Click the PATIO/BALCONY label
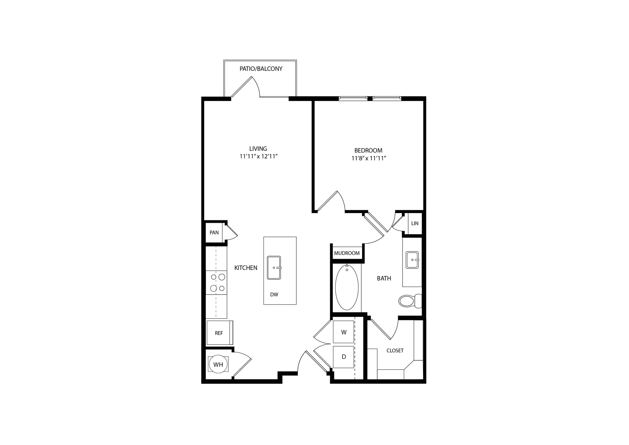pos(261,69)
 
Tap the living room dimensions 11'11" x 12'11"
pos(259,156)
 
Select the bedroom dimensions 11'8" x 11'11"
pos(369,158)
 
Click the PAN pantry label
pos(214,233)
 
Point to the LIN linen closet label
pos(415,223)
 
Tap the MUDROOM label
pos(347,253)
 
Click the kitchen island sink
pos(274,268)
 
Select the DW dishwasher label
pos(274,295)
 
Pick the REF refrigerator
pos(220,333)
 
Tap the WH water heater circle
pos(218,364)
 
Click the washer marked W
pos(343,332)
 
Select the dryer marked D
pos(343,357)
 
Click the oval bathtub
pos(347,288)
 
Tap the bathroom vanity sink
pos(412,260)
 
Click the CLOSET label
pos(395,351)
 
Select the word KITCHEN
pos(246,268)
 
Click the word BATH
pos(384,278)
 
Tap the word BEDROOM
pos(368,150)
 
